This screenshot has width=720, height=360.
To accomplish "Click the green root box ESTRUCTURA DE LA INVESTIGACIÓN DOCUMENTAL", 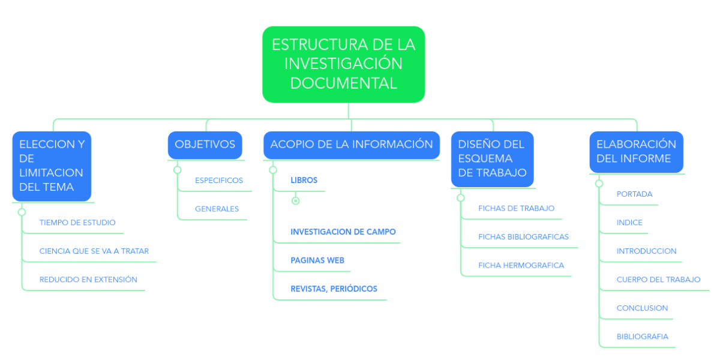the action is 344,64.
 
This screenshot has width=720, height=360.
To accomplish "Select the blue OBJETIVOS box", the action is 205,145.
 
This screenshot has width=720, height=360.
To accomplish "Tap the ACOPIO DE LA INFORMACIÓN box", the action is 352,145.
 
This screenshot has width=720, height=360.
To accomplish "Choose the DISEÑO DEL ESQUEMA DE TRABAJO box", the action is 492,159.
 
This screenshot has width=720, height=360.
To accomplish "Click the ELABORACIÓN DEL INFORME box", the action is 636,152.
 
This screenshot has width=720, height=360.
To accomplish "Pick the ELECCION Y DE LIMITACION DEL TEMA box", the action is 52,166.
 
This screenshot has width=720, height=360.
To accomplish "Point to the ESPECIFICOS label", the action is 219,181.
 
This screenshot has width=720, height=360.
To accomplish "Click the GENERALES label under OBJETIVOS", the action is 217,209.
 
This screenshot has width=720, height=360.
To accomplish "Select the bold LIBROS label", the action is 304,181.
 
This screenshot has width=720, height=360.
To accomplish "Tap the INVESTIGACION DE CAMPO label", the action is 343,232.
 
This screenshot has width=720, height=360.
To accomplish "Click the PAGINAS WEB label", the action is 317,260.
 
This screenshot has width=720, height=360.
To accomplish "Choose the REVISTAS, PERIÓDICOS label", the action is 334,289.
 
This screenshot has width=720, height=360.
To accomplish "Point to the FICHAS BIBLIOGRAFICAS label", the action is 523,237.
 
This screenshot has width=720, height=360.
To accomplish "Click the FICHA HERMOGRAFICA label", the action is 521,265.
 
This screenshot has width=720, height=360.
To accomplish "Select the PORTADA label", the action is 634,194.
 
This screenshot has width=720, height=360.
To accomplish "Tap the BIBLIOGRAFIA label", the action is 642,337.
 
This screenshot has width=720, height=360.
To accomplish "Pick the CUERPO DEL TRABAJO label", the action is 658,280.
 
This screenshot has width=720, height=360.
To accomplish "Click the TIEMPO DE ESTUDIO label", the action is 77,223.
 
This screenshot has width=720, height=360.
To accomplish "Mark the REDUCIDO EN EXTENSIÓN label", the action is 88,280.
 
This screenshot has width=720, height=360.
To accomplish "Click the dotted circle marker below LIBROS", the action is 296,201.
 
